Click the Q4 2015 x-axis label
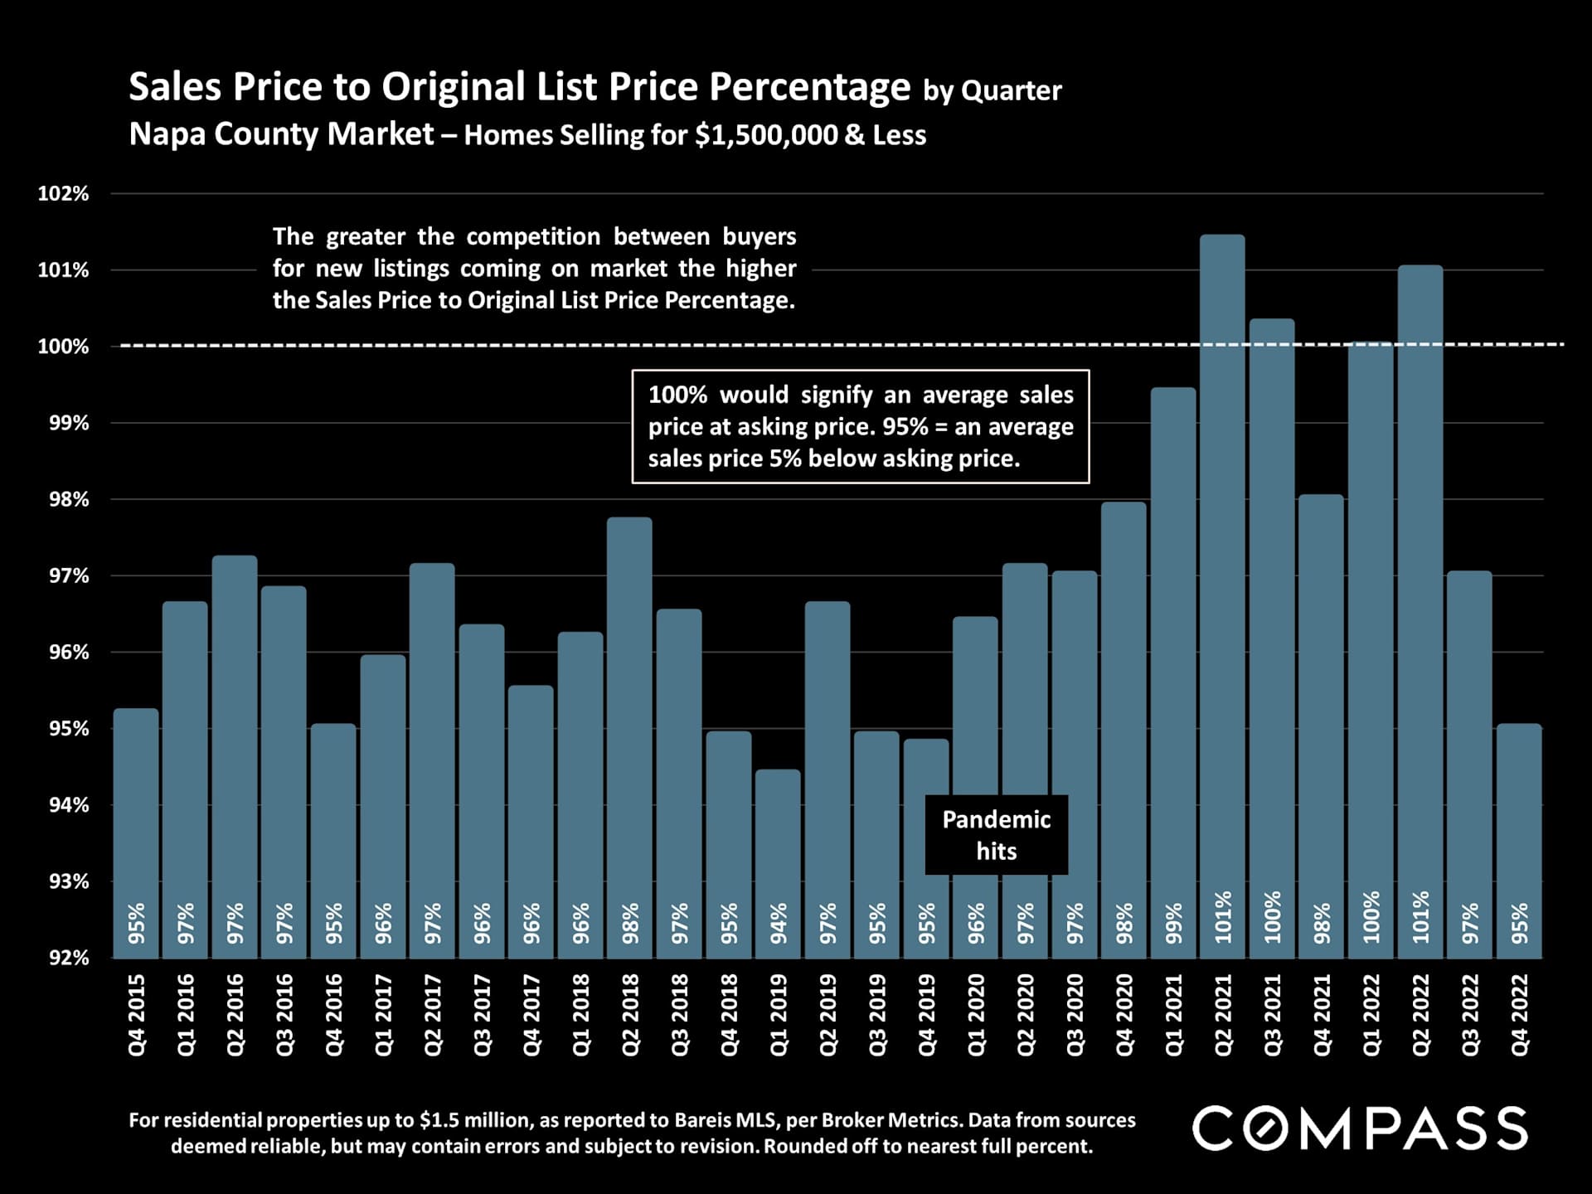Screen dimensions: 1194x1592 [x=137, y=1015]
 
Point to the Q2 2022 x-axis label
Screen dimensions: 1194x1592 [x=1420, y=1015]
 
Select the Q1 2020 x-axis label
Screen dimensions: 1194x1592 [x=976, y=1015]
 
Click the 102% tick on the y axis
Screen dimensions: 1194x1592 [x=63, y=194]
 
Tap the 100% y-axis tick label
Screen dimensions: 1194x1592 [x=63, y=347]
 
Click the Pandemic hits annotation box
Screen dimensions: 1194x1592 [x=996, y=835]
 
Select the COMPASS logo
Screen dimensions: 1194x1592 [x=1360, y=1128]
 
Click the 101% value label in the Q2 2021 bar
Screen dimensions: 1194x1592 [x=1223, y=918]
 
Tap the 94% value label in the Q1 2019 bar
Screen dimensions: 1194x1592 [x=779, y=923]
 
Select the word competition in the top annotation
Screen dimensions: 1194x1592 [x=533, y=237]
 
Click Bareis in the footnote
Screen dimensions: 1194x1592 [x=705, y=1120]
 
